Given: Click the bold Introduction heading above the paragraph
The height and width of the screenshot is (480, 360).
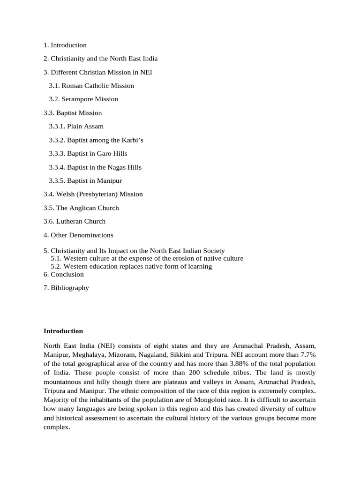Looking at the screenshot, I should point(63,331).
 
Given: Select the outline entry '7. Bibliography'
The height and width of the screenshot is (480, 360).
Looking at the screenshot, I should point(66,288).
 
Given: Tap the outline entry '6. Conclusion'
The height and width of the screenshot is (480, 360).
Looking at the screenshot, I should point(64,274).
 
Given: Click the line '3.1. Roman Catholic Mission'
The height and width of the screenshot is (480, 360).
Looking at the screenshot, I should point(91,86).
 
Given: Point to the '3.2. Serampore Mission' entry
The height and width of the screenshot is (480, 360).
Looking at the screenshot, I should point(83,99).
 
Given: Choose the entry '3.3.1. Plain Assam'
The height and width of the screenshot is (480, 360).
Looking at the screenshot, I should point(76,127).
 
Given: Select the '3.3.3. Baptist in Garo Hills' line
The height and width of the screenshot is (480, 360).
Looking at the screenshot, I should point(88,154).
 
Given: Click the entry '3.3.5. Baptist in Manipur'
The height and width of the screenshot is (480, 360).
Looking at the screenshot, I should point(85,181).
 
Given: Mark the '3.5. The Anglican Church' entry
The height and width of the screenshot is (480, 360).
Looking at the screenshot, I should point(81,208).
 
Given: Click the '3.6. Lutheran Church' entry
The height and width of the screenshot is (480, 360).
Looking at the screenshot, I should point(75,222).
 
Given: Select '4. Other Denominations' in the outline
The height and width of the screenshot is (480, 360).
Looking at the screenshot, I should point(78,235).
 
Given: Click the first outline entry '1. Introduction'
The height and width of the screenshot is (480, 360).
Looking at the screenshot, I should point(65,45).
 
